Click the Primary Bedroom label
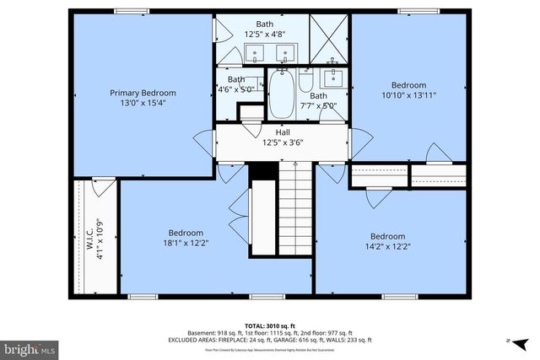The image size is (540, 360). coord(141,93)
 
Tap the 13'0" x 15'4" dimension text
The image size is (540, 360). coord(141,103)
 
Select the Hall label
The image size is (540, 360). coord(283,132)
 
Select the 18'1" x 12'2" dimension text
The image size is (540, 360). coord(185,244)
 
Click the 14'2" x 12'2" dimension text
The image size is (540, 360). coord(387,247)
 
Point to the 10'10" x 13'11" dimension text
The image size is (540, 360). coord(408,95)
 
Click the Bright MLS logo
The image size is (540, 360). coord(30,347)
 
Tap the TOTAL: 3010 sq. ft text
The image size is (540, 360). coord(269,325)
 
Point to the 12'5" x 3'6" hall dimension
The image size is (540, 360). coord(283,142)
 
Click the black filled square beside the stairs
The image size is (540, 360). coord(264,169)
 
